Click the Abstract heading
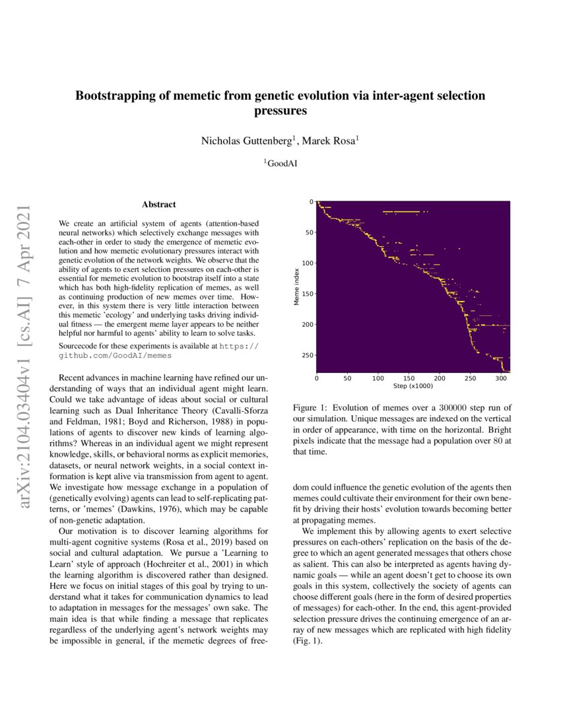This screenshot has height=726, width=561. [x=158, y=205]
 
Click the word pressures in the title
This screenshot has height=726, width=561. [x=280, y=111]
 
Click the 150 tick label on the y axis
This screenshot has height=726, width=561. [x=304, y=294]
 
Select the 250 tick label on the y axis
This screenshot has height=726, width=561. [x=304, y=355]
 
